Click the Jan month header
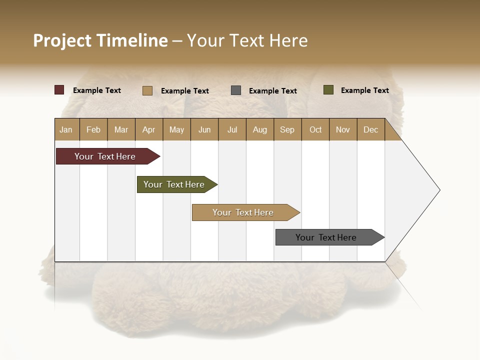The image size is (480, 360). point(66,129)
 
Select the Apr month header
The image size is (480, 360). point(149,129)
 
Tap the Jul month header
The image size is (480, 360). point(232,129)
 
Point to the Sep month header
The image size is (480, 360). point(287,129)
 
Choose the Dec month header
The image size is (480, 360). point(370,129)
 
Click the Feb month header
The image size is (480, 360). point(93,129)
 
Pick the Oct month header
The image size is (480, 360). point(315,129)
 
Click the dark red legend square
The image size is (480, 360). point(59,90)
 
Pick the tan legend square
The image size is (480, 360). point(147,90)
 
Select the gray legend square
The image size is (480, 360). point(236,90)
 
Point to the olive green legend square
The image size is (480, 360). point(328,90)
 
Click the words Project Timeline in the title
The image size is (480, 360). point(100,40)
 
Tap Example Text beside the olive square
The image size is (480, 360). point(364,90)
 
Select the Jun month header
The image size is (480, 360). point(204,129)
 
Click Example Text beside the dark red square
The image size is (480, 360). point(96,90)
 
